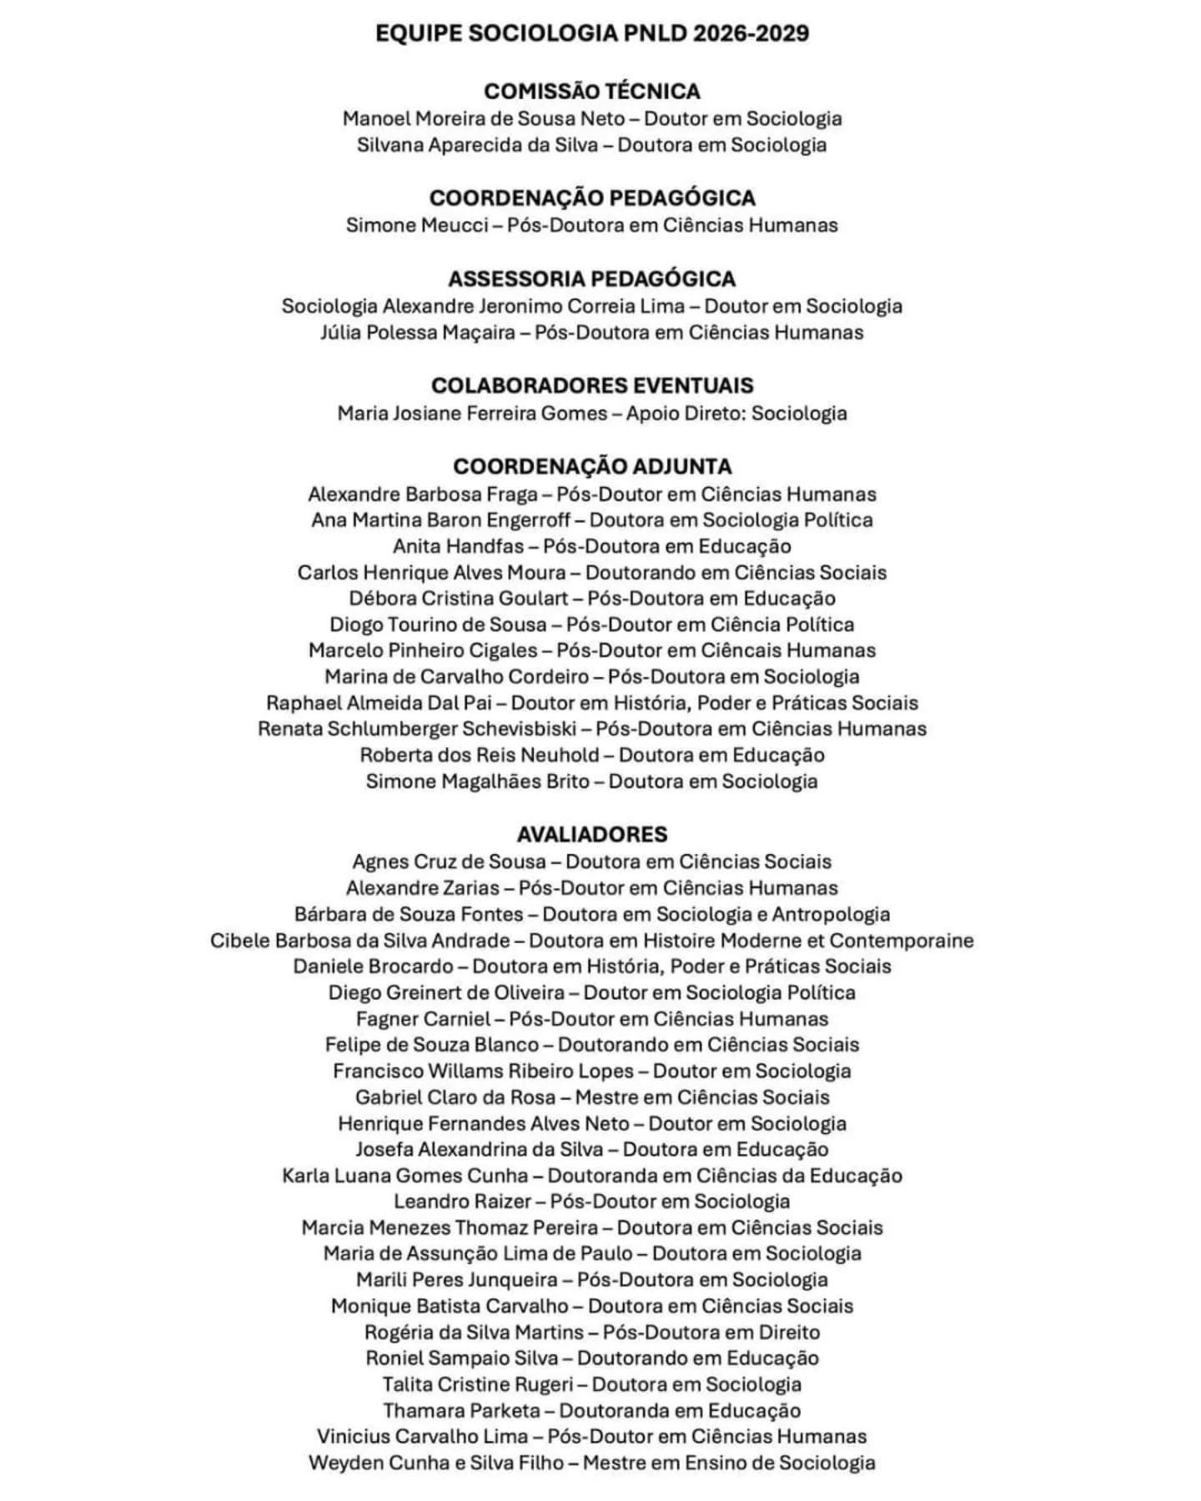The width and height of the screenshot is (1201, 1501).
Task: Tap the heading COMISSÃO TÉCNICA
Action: [592, 91]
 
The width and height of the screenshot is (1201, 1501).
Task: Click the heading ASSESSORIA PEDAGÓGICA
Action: [592, 279]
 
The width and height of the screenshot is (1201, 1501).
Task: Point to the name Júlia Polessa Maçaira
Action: [418, 333]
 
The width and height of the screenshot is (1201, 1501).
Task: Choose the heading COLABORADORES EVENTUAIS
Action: [592, 385]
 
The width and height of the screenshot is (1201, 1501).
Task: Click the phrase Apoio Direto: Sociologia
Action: [736, 414]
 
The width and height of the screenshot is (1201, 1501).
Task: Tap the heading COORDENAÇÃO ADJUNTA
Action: [592, 466]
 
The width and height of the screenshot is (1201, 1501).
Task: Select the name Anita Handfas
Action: [459, 547]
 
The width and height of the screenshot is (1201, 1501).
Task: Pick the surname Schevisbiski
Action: [519, 729]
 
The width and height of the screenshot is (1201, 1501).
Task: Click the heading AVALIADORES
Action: [592, 834]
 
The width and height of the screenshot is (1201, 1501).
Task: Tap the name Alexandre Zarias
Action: [422, 888]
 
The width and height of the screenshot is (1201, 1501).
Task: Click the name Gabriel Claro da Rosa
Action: [455, 1097]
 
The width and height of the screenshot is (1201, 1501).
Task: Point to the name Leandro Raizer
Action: [462, 1202]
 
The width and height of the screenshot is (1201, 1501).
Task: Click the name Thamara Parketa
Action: [461, 1411]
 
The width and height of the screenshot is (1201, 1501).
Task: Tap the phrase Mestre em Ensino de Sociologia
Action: [729, 1463]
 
